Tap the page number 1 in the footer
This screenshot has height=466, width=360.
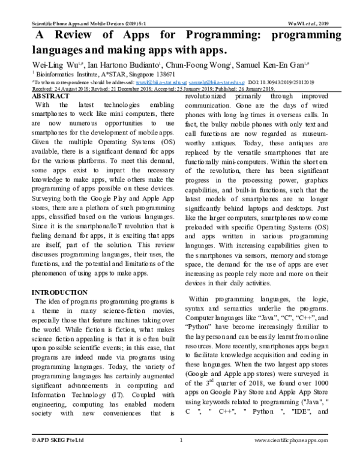(181, 457)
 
